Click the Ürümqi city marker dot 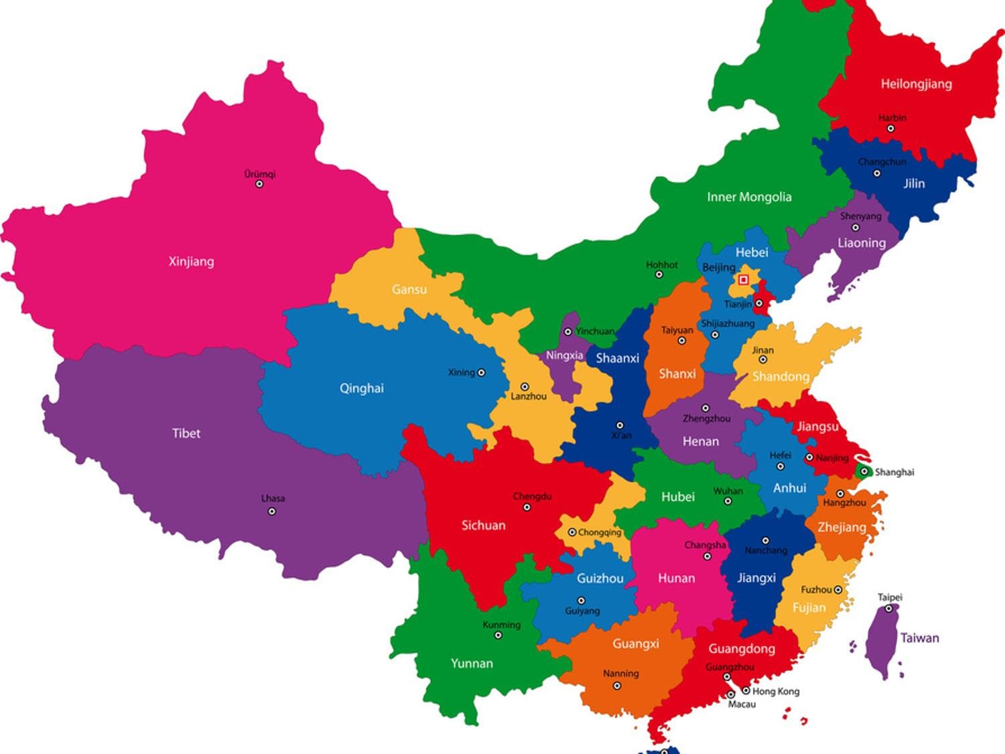tap(259, 184)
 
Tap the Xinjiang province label tap(191, 261)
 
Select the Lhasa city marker tap(271, 512)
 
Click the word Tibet tap(186, 433)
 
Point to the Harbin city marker tap(890, 129)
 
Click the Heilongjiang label tap(916, 84)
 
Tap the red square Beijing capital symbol tap(743, 280)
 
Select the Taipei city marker tap(888, 609)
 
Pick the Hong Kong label tap(775, 691)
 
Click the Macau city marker tap(731, 695)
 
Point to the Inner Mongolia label tap(749, 197)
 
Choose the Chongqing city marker tap(572, 532)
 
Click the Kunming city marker tap(498, 635)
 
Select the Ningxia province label tap(564, 356)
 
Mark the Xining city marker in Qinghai tap(480, 372)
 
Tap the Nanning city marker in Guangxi tap(617, 686)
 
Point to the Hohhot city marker tap(659, 275)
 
